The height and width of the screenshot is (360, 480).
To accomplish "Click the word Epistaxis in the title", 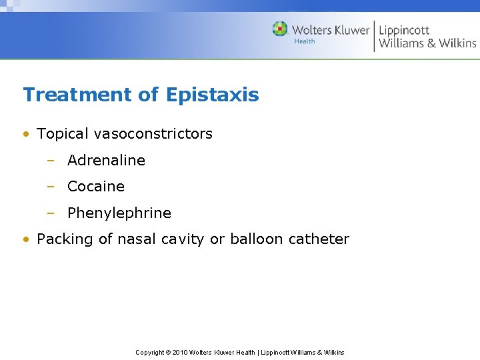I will point(212,95).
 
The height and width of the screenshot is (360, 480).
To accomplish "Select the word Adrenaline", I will point(106,160).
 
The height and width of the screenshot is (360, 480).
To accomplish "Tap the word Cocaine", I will point(96,187).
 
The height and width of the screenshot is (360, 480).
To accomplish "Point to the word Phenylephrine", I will point(119,213).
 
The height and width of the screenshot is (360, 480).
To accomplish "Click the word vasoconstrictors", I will point(153,133).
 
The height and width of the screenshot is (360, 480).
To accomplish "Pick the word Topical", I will point(63,133).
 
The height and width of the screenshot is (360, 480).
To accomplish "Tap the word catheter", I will point(319,239).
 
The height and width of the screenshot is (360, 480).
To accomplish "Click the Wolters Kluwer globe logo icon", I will point(280,29).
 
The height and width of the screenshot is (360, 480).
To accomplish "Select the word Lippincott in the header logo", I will point(404,30).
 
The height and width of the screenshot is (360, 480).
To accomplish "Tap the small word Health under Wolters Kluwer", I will point(305,41).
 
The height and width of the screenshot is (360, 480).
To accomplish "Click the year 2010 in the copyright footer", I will point(180,352).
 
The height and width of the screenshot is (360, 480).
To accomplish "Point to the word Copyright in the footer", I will point(150,352).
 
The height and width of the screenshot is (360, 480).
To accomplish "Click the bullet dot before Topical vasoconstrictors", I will point(25,134).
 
